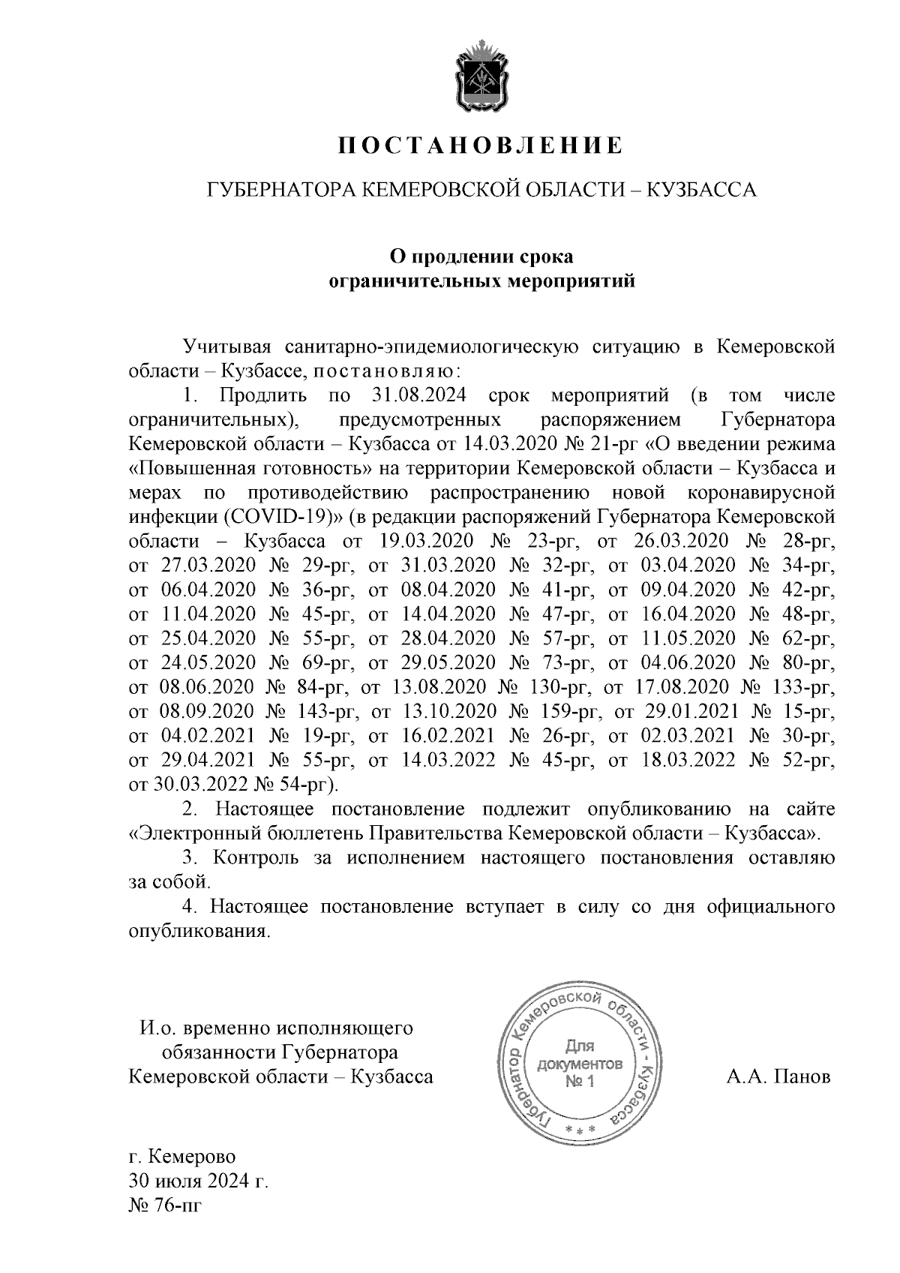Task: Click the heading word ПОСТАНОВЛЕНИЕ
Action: pyautogui.click(x=479, y=146)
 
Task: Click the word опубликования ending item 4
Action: pyautogui.click(x=198, y=932)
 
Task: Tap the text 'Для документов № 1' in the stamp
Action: pyautogui.click(x=578, y=1064)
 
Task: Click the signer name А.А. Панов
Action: pyautogui.click(x=778, y=1077)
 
